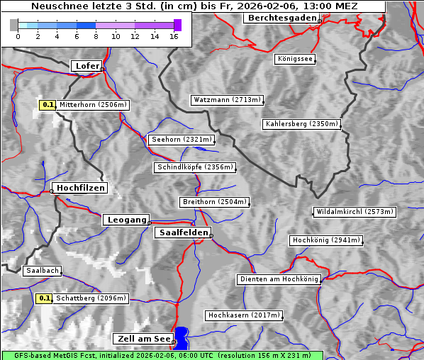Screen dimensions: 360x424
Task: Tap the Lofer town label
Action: [87, 66]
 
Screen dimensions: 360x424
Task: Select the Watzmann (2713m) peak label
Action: [227, 100]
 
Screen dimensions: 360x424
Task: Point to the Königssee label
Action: [295, 59]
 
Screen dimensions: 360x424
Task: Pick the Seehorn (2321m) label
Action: [182, 140]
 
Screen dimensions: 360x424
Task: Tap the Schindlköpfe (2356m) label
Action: [194, 167]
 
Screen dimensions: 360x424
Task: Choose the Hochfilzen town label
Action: [80, 188]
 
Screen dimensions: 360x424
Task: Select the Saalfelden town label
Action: [183, 232]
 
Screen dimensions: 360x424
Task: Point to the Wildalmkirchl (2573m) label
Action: [354, 212]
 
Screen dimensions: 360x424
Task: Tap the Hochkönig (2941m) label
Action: [326, 240]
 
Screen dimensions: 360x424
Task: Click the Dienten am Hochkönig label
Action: [279, 279]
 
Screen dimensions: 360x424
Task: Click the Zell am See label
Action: [143, 339]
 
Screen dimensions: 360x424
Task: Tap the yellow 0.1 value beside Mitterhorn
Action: [48, 105]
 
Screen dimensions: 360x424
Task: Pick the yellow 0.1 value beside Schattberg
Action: [44, 298]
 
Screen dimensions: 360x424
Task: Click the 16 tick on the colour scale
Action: [174, 35]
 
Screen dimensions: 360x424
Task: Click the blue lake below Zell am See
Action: [182, 337]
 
